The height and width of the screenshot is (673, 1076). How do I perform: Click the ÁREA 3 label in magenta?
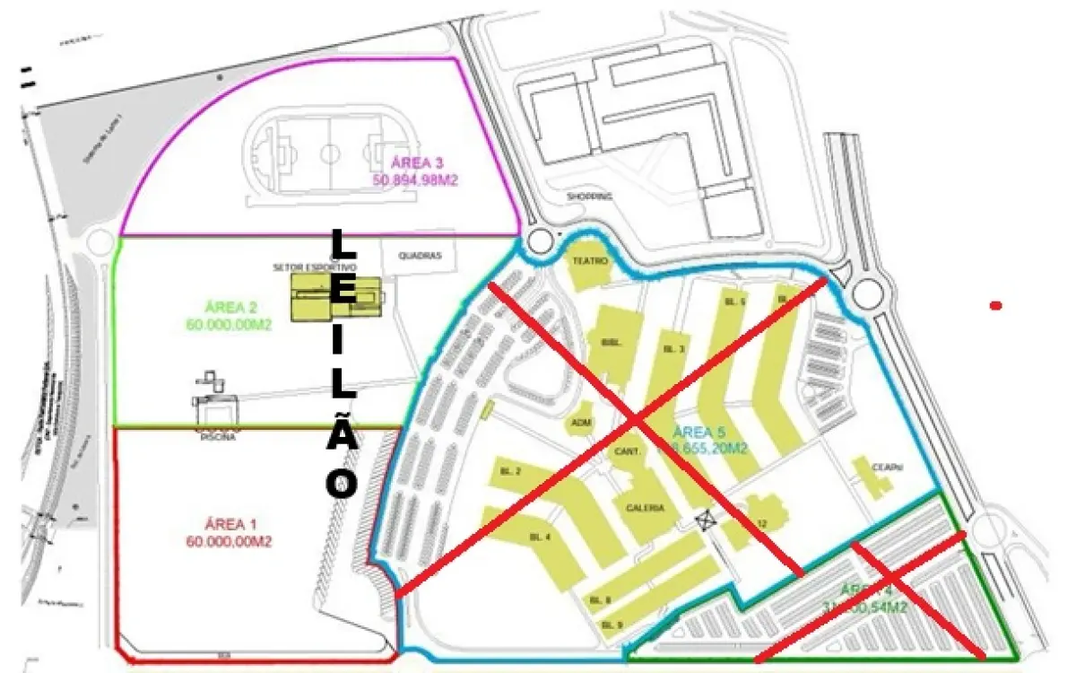pos(418,162)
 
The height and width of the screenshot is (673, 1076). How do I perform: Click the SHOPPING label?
pos(589,196)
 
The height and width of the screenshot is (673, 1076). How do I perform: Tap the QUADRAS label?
pos(420,255)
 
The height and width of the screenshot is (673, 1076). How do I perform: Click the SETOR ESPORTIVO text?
pos(315,267)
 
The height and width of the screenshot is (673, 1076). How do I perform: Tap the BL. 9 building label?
pos(612,625)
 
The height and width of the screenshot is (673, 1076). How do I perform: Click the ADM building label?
pos(581,423)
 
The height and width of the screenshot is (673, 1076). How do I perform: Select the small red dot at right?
pos(994,306)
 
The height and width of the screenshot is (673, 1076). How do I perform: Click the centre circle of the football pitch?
pos(330,153)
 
